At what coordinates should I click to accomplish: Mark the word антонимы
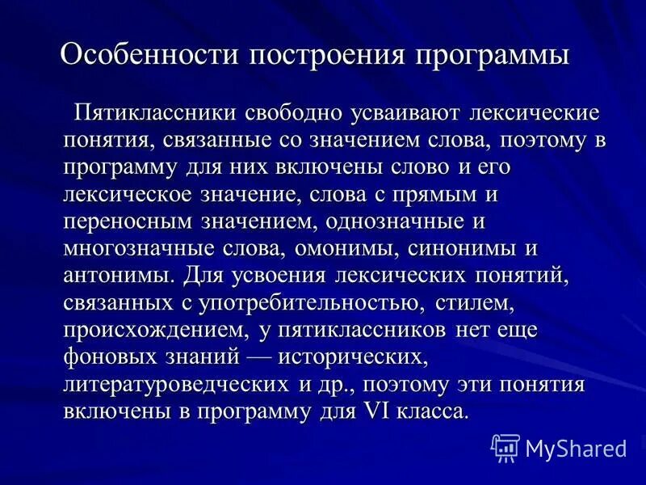[116, 274]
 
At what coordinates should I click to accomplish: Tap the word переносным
[129, 220]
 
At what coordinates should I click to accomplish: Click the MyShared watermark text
[576, 447]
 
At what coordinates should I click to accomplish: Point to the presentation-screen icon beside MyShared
[505, 447]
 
